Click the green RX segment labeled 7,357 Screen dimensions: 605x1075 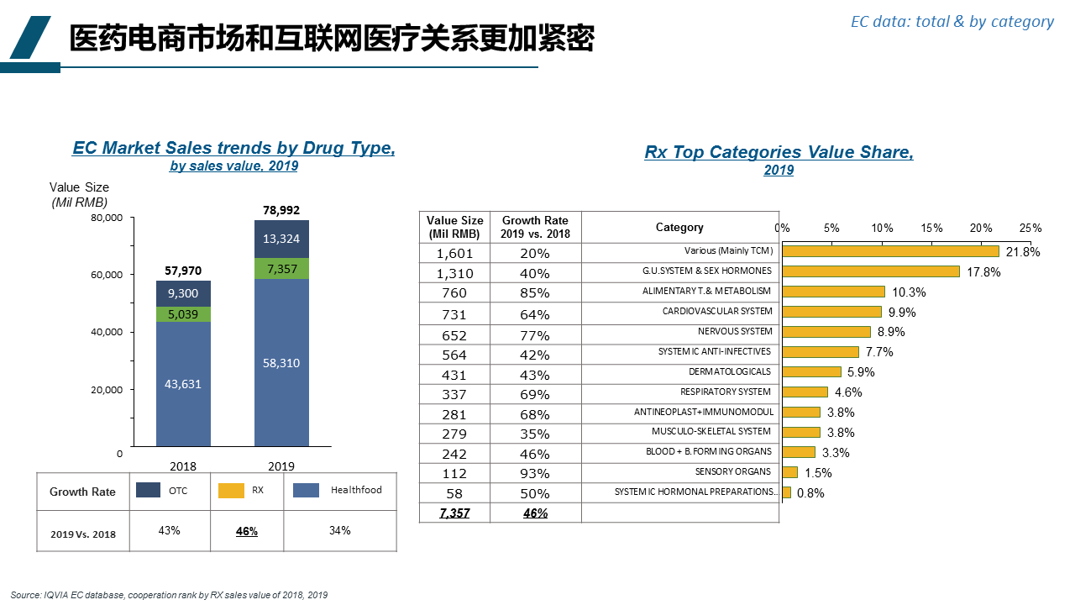(281, 269)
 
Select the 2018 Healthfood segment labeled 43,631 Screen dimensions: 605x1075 (183, 384)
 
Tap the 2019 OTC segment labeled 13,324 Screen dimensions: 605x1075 (281, 239)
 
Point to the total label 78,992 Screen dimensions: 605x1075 (281, 210)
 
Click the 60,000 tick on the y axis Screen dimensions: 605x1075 (106, 275)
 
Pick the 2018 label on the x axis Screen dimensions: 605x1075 (183, 466)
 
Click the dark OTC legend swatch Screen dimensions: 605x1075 (149, 490)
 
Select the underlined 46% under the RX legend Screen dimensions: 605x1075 (247, 531)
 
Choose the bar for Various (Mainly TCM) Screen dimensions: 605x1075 (890, 251)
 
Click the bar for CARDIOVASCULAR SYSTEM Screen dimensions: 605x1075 (831, 312)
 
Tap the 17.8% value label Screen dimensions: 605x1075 (983, 272)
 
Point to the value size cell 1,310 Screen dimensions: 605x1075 (455, 273)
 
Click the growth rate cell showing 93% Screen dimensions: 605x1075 (535, 473)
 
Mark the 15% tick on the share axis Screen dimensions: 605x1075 (931, 228)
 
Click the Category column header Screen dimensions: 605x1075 (679, 228)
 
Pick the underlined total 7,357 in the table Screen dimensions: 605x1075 (455, 513)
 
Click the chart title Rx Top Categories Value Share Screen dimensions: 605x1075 (779, 152)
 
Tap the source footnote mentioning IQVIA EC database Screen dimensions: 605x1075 (169, 595)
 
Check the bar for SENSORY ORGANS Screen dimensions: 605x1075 (789, 472)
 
